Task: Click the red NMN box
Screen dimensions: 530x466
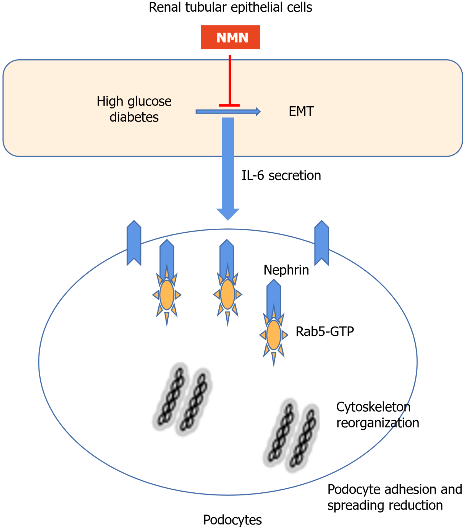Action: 230,37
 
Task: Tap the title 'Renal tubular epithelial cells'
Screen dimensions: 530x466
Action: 230,7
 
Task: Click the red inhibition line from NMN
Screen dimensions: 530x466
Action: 230,80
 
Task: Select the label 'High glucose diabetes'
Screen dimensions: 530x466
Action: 134,109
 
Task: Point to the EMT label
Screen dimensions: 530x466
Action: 301,112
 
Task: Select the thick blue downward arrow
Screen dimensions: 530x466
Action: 228,166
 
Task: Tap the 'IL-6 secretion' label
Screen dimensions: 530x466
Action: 281,176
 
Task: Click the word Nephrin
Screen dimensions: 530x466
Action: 286,270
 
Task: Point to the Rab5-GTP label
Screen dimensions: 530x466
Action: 325,331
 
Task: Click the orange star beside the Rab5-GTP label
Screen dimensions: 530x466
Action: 274,335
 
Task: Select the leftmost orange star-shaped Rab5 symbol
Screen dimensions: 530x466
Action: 167,295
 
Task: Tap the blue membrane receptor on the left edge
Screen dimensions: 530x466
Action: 134,243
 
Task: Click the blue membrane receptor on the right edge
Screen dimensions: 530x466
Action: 322,243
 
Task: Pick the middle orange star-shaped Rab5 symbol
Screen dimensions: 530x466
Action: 227,294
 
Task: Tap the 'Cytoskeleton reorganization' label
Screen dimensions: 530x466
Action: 377,415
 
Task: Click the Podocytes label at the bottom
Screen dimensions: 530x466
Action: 232,520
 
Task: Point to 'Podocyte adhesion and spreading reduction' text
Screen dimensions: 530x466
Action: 394,497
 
